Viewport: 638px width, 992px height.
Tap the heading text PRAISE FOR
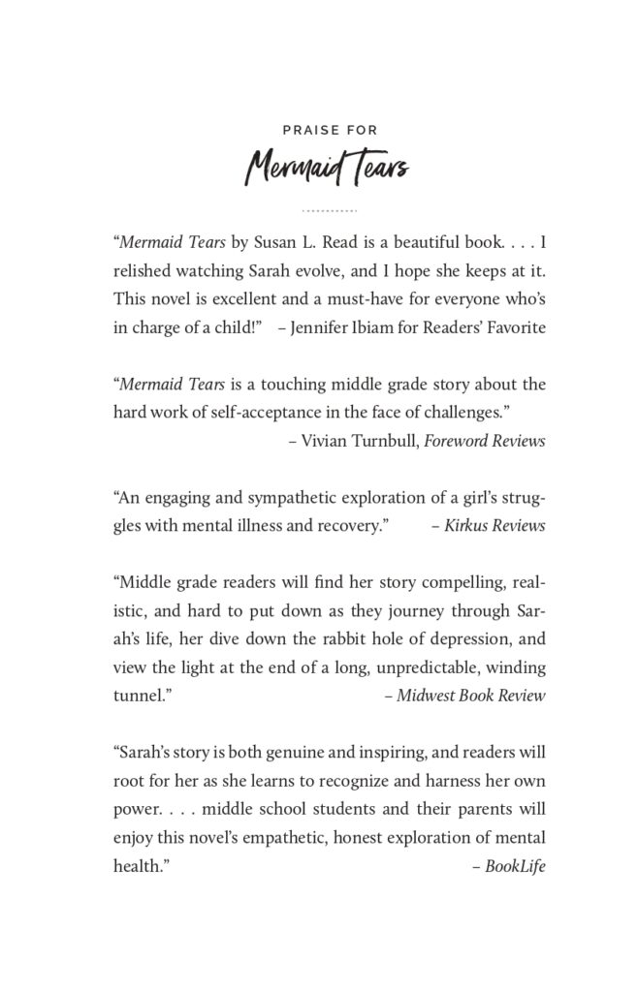click(x=330, y=129)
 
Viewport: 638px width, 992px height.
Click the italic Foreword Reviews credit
click(x=491, y=441)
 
